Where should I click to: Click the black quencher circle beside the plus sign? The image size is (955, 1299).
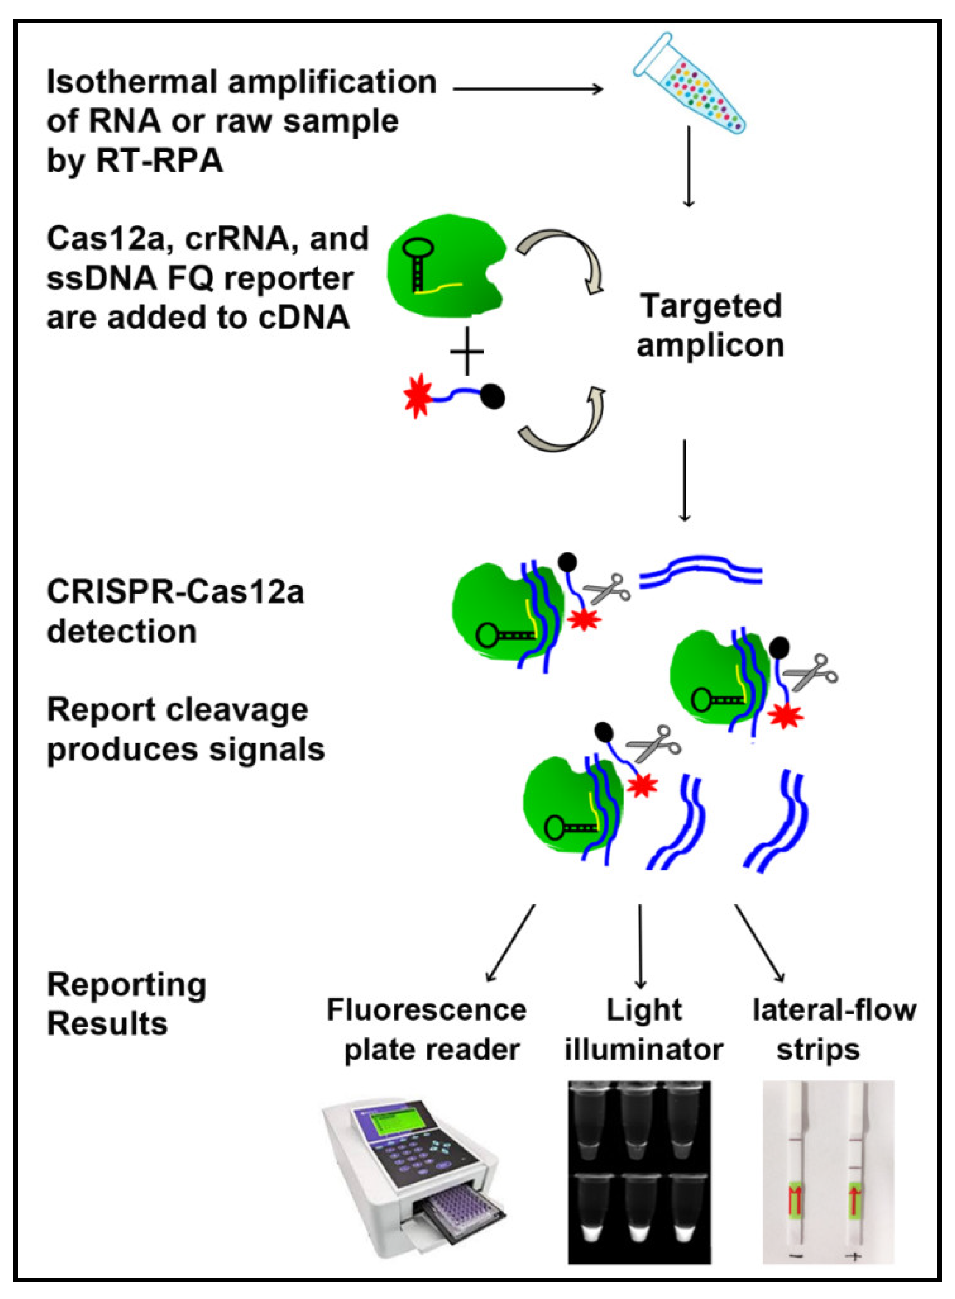click(492, 397)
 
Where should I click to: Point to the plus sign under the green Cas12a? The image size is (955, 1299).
click(466, 352)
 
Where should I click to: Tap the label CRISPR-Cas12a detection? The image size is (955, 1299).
click(173, 611)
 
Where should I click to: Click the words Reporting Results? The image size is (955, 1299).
click(126, 1004)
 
